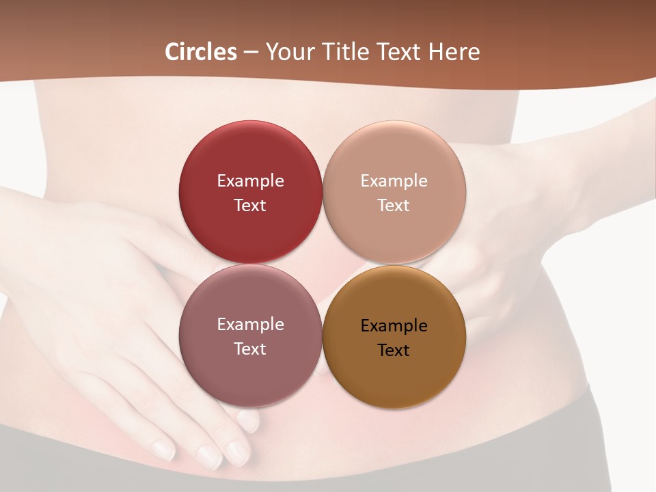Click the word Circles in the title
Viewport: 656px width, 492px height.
click(201, 52)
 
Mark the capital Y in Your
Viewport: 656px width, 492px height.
click(272, 52)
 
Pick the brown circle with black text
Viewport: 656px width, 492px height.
click(394, 379)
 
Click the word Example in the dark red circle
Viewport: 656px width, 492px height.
click(250, 181)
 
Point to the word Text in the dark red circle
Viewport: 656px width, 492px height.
click(250, 206)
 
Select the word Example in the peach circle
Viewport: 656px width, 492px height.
click(394, 181)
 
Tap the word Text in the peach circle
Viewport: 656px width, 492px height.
click(394, 206)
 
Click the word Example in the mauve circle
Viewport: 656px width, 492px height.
click(250, 325)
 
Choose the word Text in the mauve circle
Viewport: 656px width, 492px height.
click(250, 349)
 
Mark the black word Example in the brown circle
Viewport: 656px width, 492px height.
click(394, 326)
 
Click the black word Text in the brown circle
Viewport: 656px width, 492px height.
click(394, 351)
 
